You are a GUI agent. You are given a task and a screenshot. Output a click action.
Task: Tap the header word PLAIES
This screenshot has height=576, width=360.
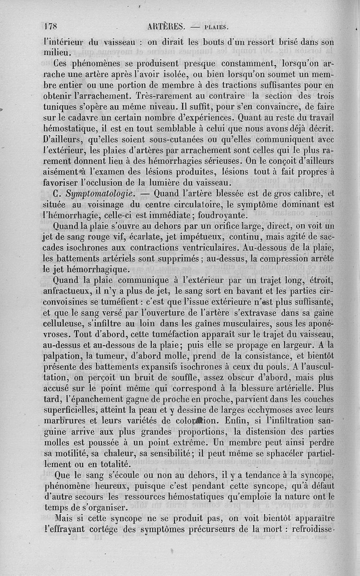click(x=217, y=27)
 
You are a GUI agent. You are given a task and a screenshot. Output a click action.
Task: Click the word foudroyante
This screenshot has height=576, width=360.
click(x=208, y=215)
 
